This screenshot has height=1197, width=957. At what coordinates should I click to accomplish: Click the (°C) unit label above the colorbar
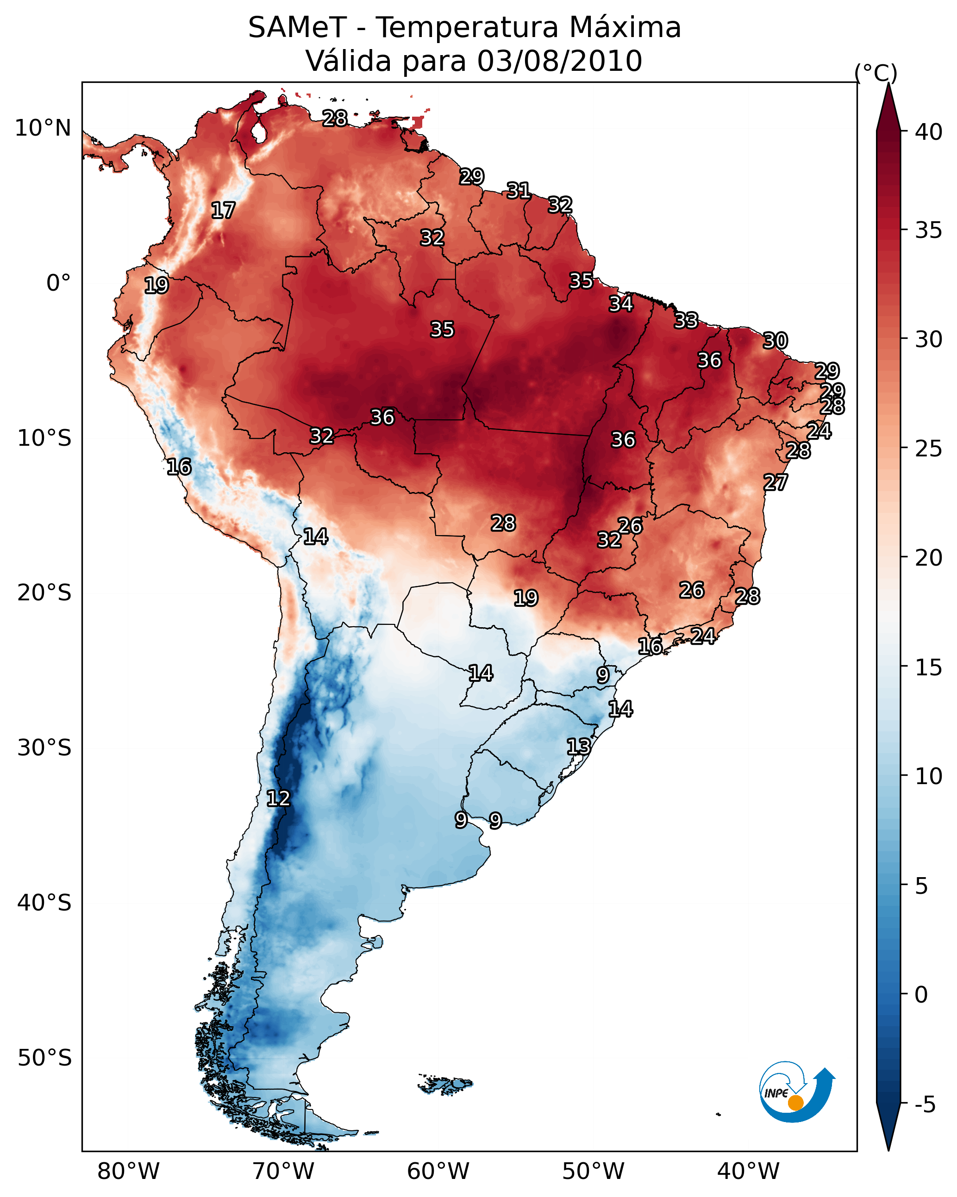[876, 73]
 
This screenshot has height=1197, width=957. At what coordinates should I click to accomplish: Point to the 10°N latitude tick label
[43, 128]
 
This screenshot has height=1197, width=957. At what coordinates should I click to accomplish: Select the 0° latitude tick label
[58, 283]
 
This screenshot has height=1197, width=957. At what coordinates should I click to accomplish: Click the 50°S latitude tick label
[44, 1058]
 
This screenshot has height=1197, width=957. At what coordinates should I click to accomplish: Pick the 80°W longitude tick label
[128, 1172]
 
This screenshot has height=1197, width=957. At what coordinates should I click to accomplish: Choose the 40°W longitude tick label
[748, 1172]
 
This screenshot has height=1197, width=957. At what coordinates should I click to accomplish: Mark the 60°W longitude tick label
[438, 1172]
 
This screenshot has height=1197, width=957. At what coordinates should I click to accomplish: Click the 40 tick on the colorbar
[929, 132]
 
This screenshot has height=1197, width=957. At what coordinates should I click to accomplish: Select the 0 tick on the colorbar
[921, 995]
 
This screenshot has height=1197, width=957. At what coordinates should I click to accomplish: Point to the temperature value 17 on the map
[223, 211]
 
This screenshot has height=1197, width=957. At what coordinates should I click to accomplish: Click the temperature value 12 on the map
[278, 798]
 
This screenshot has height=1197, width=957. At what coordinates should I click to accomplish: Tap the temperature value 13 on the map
[578, 746]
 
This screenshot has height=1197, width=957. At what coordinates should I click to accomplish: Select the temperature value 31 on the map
[518, 191]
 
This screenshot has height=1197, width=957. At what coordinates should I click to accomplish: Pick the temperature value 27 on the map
[776, 482]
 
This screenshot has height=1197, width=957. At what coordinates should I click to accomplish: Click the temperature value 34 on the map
[620, 304]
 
